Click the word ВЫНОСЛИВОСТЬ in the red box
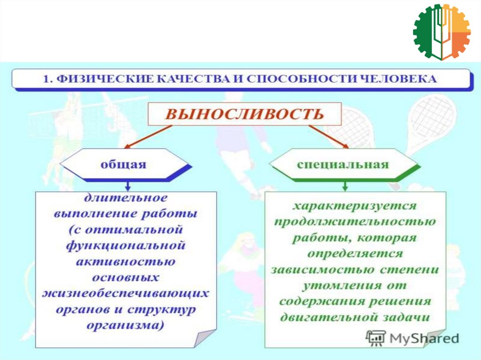(x=244, y=114)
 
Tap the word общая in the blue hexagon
(x=124, y=164)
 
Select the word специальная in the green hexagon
(x=342, y=164)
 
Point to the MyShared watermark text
(x=424, y=338)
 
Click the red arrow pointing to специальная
(x=329, y=136)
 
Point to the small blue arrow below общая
(x=128, y=185)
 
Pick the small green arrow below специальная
(x=345, y=185)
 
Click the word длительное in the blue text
(x=126, y=198)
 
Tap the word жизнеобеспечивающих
(x=125, y=293)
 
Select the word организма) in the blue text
(x=125, y=325)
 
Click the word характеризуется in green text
(x=355, y=206)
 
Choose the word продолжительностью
(x=355, y=222)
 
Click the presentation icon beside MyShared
(x=375, y=338)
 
